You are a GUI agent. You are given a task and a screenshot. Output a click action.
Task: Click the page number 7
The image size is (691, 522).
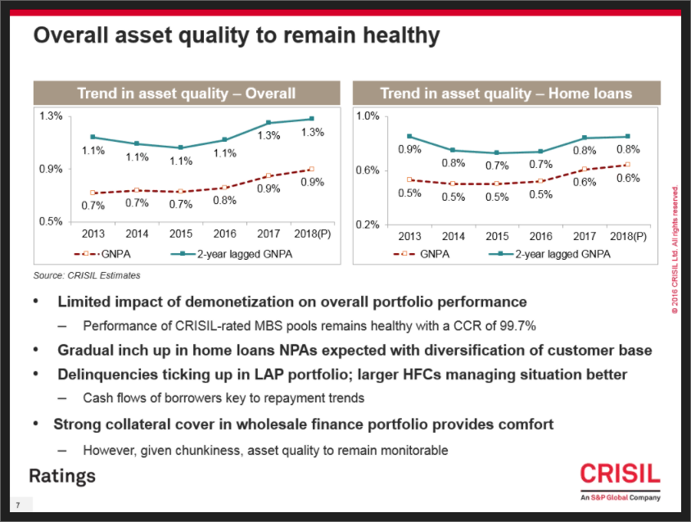[16, 502]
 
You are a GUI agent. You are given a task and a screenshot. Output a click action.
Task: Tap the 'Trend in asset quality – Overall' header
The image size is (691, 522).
[187, 93]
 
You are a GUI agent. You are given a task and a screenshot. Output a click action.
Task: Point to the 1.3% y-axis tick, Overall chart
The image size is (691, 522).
[51, 116]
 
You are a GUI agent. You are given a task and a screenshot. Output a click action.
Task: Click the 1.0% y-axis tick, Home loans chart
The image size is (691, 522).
[368, 116]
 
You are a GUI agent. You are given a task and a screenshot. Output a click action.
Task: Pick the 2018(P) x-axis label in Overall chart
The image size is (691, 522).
[309, 235]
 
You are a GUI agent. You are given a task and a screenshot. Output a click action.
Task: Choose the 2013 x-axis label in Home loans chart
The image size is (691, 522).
[409, 235]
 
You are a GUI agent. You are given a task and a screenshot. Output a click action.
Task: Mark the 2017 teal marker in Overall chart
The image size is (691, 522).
[268, 123]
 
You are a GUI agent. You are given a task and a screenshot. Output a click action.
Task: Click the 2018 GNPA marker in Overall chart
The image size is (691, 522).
[310, 169]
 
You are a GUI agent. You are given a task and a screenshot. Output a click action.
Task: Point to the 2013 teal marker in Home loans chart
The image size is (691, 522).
[409, 137]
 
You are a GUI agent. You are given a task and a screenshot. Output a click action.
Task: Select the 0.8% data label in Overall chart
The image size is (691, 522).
[224, 200]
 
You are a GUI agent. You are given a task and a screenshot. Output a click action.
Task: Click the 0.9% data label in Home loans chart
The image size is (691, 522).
[409, 150]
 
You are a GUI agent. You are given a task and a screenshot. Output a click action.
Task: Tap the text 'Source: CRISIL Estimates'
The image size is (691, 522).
[87, 275]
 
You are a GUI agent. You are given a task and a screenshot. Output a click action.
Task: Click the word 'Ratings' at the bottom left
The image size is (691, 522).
[62, 476]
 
